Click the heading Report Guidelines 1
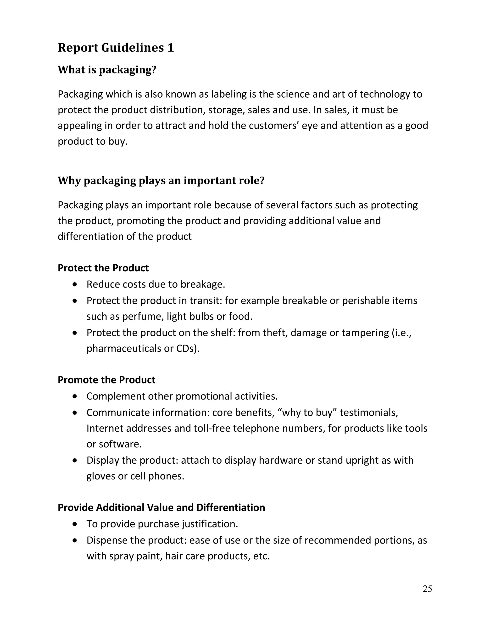[x=116, y=48]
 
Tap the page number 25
[x=427, y=589]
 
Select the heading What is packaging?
[x=107, y=70]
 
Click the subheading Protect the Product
[x=103, y=268]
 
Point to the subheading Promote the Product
[x=106, y=380]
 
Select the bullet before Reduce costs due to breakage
[x=75, y=284]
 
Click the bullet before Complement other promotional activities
[x=75, y=396]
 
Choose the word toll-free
[x=212, y=428]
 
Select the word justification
[x=210, y=524]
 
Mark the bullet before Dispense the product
[x=75, y=540]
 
